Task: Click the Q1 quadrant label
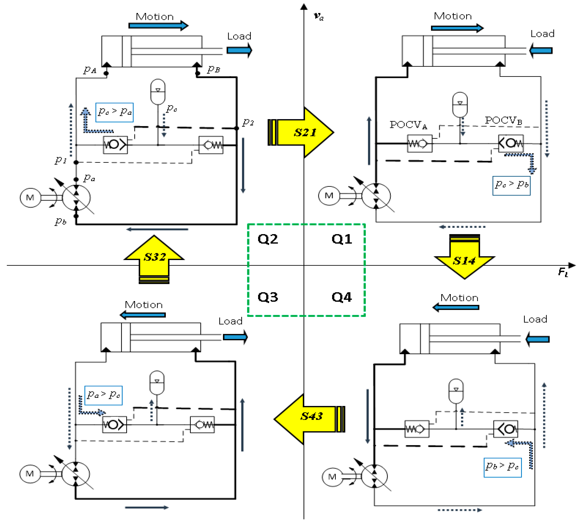pyautogui.click(x=342, y=239)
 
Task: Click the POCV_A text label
pyautogui.click(x=408, y=125)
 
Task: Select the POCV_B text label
pyautogui.click(x=503, y=120)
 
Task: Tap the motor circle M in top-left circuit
pyautogui.click(x=30, y=198)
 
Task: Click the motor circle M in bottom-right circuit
pyautogui.click(x=332, y=477)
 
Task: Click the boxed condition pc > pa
pyautogui.click(x=114, y=112)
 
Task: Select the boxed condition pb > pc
pyautogui.click(x=502, y=467)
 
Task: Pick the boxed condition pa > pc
pyautogui.click(x=103, y=395)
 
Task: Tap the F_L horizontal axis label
pyautogui.click(x=563, y=272)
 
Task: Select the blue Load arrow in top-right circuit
pyautogui.click(x=540, y=51)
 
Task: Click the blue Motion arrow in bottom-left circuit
pyautogui.click(x=143, y=315)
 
